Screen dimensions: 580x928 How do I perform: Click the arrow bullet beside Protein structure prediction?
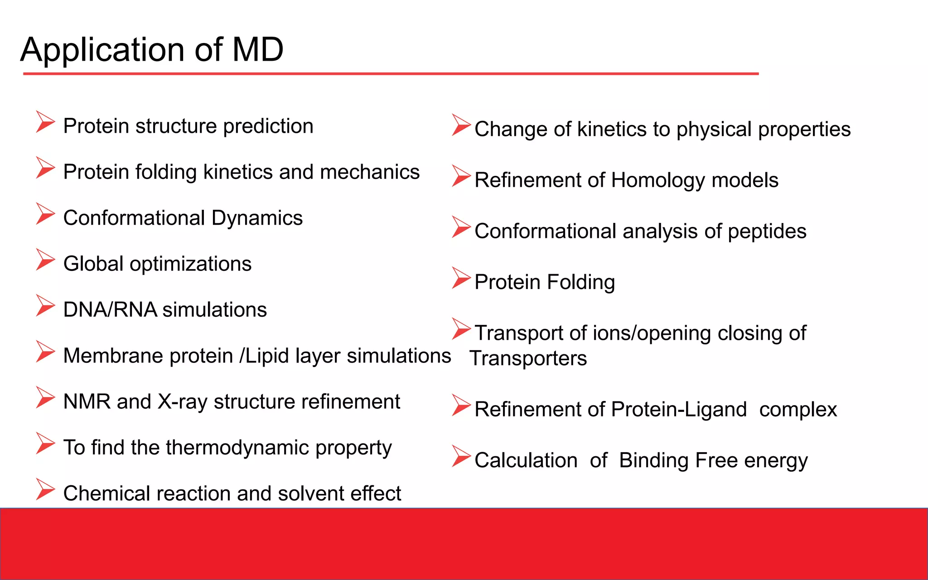coord(45,122)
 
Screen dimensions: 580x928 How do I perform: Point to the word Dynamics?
coord(256,218)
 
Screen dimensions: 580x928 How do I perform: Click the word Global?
coord(93,264)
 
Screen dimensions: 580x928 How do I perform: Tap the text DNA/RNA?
coord(110,310)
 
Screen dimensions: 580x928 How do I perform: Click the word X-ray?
coord(183,402)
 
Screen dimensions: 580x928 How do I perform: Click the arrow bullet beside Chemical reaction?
coord(45,489)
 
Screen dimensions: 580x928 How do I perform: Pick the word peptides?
coord(767,232)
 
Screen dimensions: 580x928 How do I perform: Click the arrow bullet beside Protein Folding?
coord(461,278)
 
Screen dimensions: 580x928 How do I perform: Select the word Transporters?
coord(528,358)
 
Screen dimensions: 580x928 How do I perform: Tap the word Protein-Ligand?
coord(678,410)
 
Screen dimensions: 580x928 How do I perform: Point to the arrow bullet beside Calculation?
coord(461,456)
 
